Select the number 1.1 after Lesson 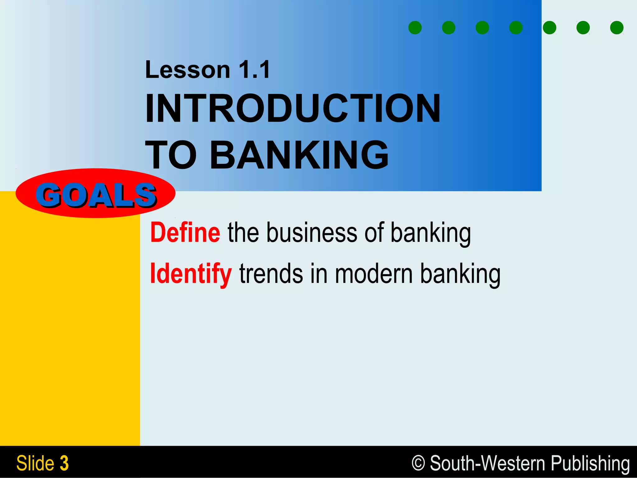pos(254,70)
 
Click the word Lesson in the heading pos(188,70)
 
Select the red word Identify pos(190,274)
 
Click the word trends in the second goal pos(271,274)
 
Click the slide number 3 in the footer pos(64,463)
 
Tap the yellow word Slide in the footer pos(35,463)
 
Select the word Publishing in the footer pos(590,463)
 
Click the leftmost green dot pos(415,28)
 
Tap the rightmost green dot pos(617,28)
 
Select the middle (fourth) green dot pos(516,28)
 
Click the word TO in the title pos(171,155)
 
